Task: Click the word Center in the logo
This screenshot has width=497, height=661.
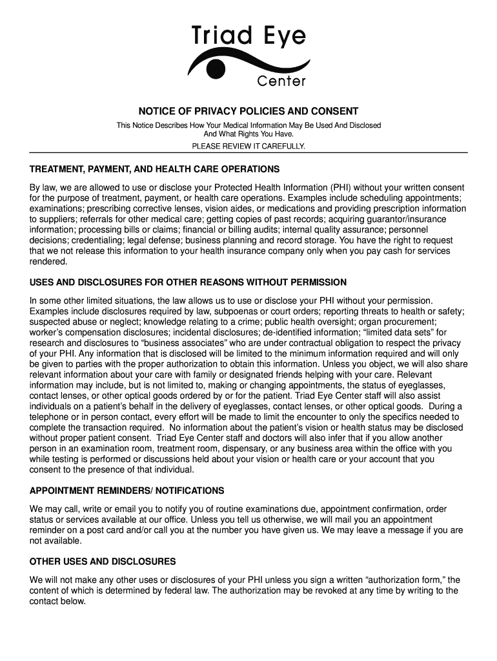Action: click(x=281, y=81)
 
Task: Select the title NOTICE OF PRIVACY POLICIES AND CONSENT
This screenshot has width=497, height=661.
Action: click(x=249, y=111)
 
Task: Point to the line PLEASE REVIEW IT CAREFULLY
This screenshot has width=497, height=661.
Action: click(x=249, y=147)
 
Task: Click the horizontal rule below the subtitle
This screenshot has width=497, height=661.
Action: click(x=249, y=153)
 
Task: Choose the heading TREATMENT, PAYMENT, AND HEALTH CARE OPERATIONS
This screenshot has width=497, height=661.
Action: click(x=154, y=169)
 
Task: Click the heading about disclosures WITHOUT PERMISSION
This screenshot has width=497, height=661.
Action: click(x=188, y=282)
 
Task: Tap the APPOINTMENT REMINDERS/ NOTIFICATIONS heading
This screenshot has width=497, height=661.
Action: click(x=127, y=491)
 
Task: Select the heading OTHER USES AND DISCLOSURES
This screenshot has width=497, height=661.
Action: click(x=103, y=562)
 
